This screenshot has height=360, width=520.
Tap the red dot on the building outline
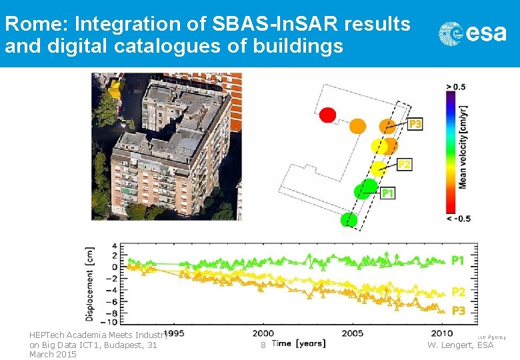tap(327, 115)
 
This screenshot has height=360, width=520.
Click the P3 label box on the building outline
tap(415, 124)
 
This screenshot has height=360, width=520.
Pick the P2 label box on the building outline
tap(404, 164)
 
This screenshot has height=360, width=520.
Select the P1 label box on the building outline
tap(388, 193)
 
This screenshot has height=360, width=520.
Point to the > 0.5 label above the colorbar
tap(456, 87)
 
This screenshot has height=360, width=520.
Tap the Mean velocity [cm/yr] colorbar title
tap(462, 147)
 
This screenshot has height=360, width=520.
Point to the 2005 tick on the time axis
tap(353, 333)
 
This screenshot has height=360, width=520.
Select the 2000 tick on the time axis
tap(263, 333)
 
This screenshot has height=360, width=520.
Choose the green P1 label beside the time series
tap(458, 261)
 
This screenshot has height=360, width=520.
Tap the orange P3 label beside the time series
tap(458, 311)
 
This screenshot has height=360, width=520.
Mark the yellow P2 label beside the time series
tap(458, 292)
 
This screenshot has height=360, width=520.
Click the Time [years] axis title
tap(299, 343)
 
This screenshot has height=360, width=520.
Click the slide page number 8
tap(263, 345)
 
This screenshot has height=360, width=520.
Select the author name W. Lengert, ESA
tap(460, 345)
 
